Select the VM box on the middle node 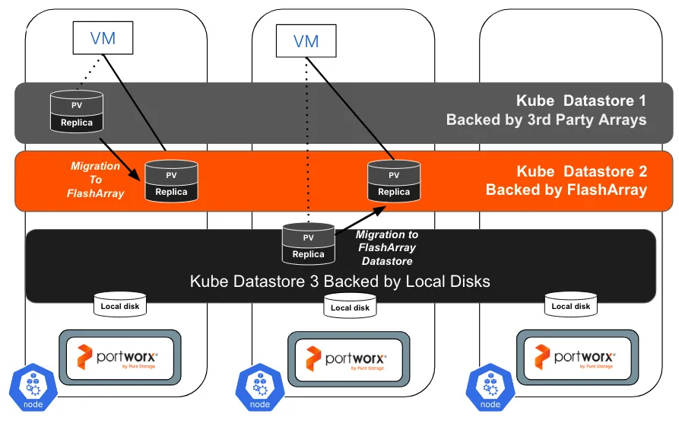(x=306, y=41)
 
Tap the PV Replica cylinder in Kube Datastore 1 (x=76, y=113)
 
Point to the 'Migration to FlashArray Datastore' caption (x=388, y=248)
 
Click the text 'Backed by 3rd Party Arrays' (x=546, y=119)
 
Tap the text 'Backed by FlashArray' (x=566, y=190)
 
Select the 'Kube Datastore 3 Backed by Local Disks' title (x=340, y=282)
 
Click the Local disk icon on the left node (x=121, y=307)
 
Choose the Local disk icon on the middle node (x=351, y=307)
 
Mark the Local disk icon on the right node (x=571, y=307)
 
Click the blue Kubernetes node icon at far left (x=33, y=388)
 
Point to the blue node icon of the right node (x=490, y=388)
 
